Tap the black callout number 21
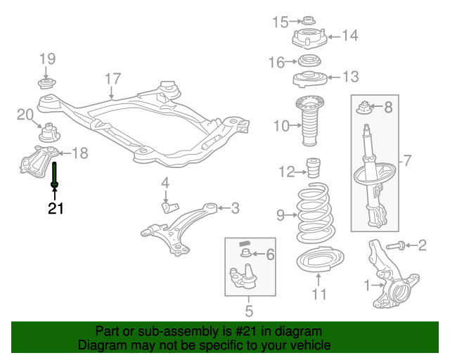click(x=56, y=208)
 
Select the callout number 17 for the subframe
click(x=113, y=78)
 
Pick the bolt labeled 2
click(x=397, y=245)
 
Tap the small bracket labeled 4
click(x=168, y=206)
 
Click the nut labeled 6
click(x=245, y=252)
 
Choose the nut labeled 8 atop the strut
click(x=365, y=108)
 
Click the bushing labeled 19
click(x=47, y=84)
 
